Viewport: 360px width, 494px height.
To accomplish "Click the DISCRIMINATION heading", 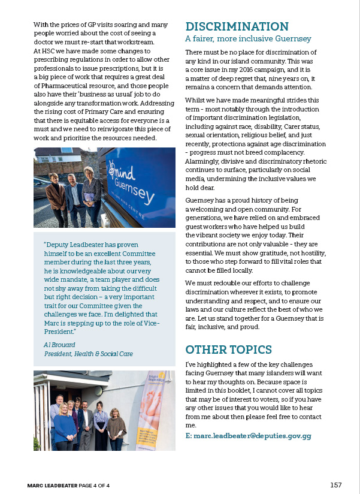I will [x=237, y=26].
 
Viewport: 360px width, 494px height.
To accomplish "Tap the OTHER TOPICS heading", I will [x=229, y=350].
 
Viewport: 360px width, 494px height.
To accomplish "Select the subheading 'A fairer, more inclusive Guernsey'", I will [x=248, y=39].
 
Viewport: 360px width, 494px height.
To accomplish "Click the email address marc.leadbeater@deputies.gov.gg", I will [x=249, y=436].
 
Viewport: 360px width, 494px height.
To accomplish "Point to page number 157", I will [x=336, y=484].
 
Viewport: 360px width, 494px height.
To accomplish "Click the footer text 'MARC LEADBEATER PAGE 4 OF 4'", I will [x=73, y=484].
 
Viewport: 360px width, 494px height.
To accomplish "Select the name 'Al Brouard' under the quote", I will [x=60, y=345].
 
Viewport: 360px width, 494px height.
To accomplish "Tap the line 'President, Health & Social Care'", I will [x=89, y=354].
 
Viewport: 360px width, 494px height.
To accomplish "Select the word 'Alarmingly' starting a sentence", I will [x=204, y=161].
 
